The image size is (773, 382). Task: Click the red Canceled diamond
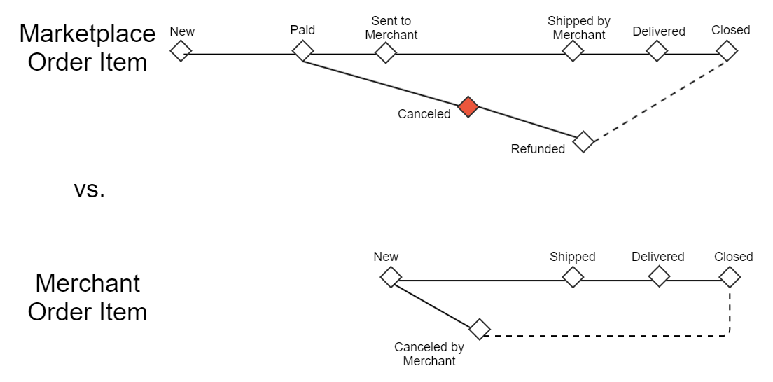point(468,107)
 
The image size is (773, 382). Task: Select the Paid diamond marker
point(302,50)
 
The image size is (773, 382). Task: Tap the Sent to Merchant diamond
point(385,52)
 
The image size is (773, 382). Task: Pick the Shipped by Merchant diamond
point(573,50)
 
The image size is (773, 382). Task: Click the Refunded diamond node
point(583,141)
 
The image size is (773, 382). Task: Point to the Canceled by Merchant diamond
point(479,329)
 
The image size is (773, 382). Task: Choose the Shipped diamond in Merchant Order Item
point(573,277)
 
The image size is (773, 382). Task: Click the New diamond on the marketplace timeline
point(181,50)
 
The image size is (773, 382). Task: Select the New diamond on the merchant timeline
point(391,276)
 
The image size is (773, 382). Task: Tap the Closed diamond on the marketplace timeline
point(727,50)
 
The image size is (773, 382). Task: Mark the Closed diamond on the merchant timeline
point(730,277)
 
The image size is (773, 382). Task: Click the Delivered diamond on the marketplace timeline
point(657,50)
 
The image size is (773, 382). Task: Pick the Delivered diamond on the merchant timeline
point(659,276)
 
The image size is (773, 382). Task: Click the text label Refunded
point(538,149)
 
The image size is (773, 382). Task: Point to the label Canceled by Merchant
point(429,354)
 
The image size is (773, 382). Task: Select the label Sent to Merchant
point(391,28)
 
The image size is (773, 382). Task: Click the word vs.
point(89,189)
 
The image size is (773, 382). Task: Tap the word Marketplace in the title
point(88,33)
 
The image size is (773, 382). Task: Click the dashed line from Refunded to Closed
point(658,99)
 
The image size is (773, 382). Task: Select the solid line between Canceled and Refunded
point(525,124)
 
